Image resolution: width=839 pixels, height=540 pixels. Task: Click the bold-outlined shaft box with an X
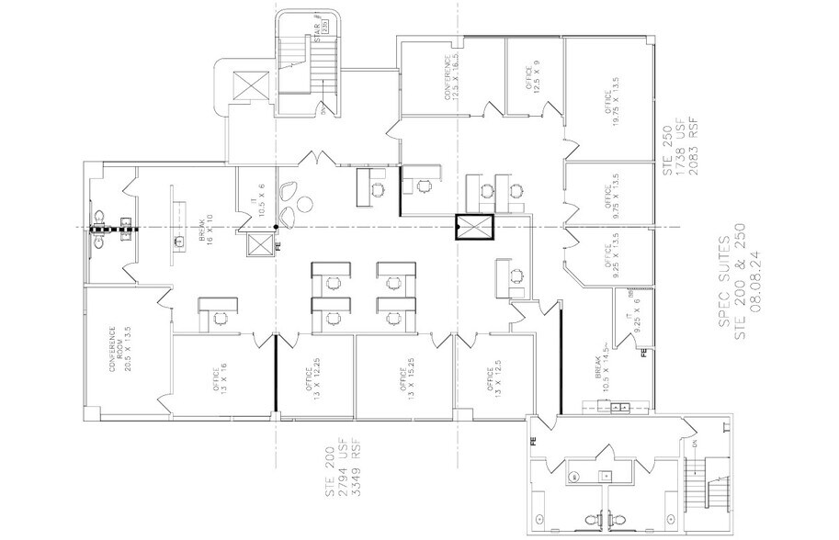(474, 227)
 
